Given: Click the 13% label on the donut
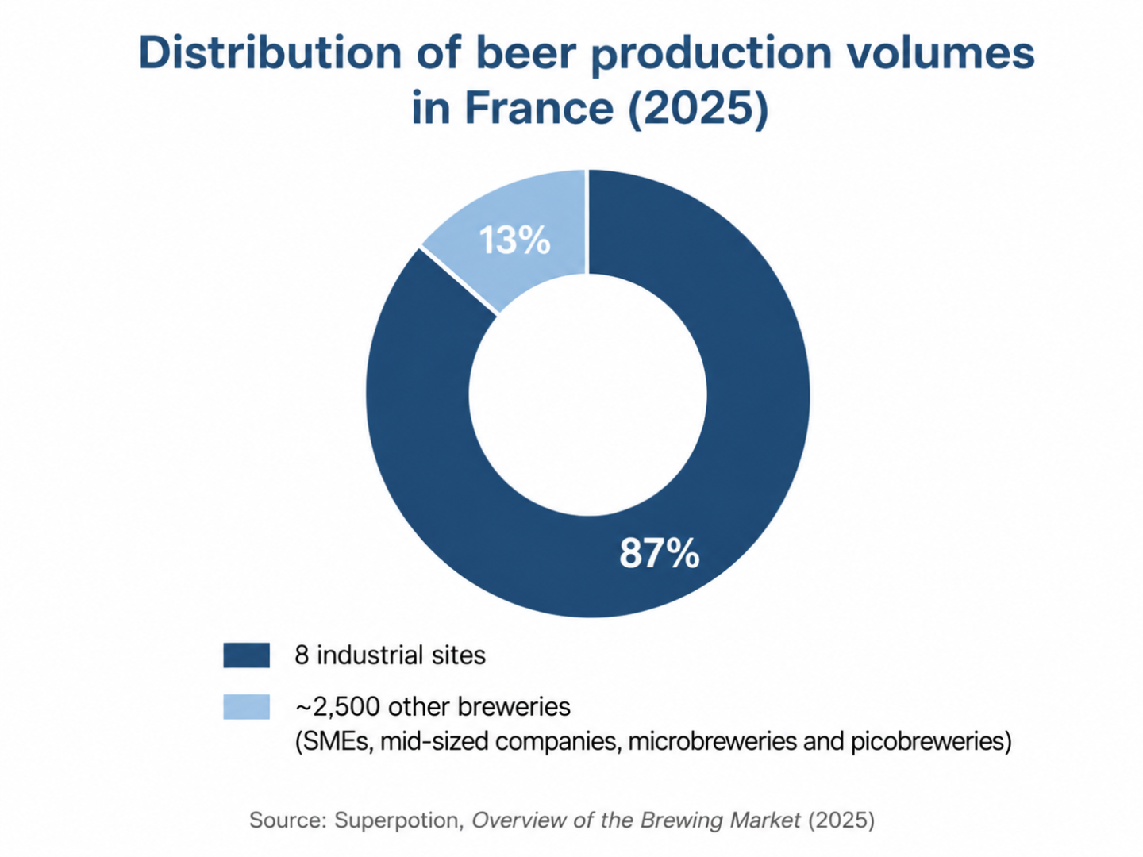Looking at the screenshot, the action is pos(514,240).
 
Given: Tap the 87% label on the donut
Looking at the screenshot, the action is pos(660,553).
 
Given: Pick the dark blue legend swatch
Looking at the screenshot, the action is pos(246,655).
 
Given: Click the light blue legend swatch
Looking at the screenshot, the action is pos(246,706).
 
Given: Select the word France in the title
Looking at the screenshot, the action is pos(539,107).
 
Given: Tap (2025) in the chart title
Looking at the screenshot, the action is pos(698,108).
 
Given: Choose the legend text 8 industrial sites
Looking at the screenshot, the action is pos(390,655).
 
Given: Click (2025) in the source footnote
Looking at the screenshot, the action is pos(841,820).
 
